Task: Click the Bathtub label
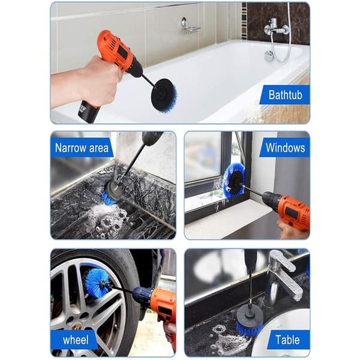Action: click(x=285, y=95)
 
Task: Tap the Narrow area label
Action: click(x=82, y=148)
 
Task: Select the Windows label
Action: click(x=285, y=148)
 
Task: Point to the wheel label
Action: click(x=76, y=340)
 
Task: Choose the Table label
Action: click(x=287, y=340)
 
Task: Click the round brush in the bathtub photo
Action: click(x=164, y=95)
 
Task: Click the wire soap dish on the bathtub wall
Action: click(x=191, y=26)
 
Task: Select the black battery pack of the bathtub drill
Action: click(x=88, y=112)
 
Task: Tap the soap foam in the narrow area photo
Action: click(x=108, y=219)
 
